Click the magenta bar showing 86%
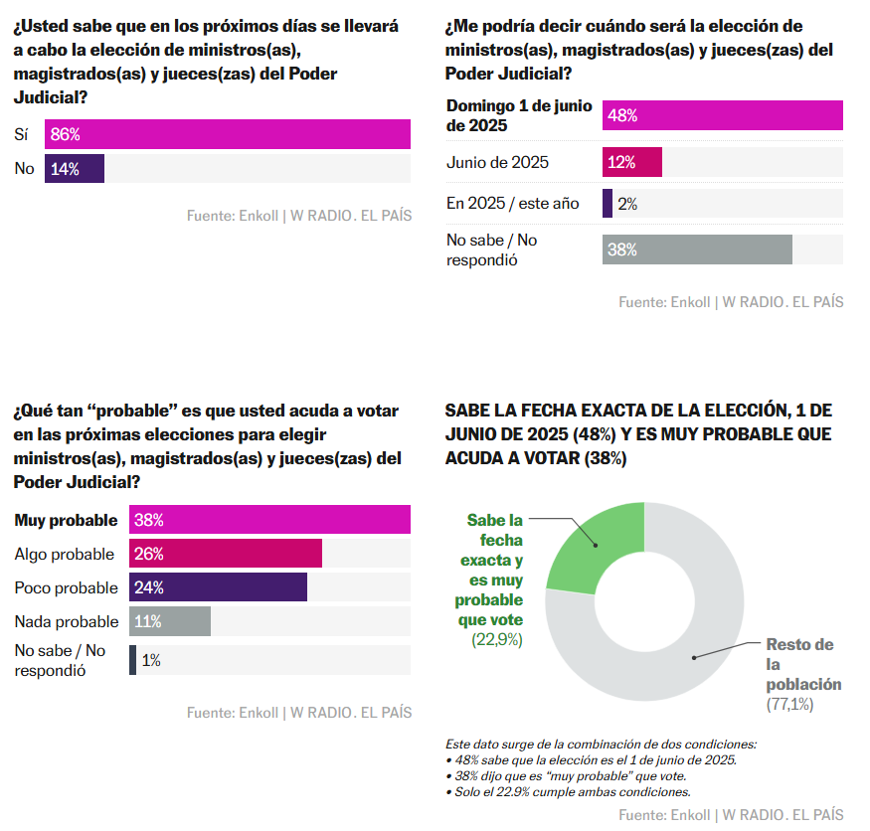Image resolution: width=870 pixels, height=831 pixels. click(x=228, y=134)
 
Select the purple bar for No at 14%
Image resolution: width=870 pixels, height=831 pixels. click(x=75, y=168)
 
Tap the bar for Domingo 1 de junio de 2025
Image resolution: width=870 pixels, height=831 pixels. click(x=723, y=115)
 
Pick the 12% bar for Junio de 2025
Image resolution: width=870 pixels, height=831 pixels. click(x=632, y=162)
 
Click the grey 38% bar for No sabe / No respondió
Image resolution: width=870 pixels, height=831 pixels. click(x=697, y=249)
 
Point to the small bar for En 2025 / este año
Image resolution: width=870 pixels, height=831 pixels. click(x=608, y=203)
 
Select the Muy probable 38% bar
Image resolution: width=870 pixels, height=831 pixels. click(x=269, y=520)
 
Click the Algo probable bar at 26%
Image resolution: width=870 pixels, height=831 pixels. click(x=226, y=554)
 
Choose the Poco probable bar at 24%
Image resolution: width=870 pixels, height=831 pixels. click(x=218, y=587)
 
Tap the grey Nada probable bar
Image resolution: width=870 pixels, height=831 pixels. click(x=170, y=621)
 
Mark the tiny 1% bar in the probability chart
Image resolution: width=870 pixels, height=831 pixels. click(x=133, y=660)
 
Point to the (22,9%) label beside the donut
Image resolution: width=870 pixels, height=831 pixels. click(x=496, y=640)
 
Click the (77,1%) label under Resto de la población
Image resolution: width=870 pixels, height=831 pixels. click(x=789, y=704)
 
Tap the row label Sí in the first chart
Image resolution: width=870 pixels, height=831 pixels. click(x=22, y=134)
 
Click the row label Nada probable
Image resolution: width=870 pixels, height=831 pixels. click(x=67, y=621)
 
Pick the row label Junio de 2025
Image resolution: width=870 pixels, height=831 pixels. click(x=497, y=162)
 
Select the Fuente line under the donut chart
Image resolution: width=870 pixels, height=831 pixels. click(x=731, y=815)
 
